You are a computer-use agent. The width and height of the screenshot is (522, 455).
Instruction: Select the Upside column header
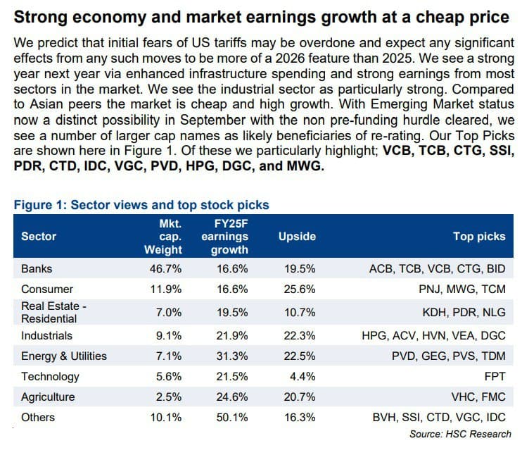pos(297,236)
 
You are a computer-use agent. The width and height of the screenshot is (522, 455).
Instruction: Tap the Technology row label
pos(50,377)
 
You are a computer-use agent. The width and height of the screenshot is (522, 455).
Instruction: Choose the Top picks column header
pos(479,236)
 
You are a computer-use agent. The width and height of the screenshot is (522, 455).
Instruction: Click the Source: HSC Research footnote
pos(460,434)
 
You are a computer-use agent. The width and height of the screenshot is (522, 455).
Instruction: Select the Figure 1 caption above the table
pos(141,205)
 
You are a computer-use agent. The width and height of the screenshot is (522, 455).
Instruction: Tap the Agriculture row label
pos(48,397)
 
